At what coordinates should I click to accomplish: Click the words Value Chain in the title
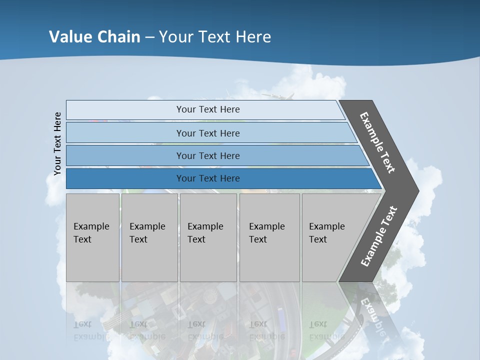click(94, 36)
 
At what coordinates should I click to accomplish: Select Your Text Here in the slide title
click(215, 36)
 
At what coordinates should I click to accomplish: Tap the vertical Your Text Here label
click(57, 143)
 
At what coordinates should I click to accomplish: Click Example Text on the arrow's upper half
click(377, 142)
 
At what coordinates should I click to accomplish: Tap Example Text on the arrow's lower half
click(379, 236)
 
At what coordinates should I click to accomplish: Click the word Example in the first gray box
click(91, 226)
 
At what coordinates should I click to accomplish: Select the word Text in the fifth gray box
click(317, 239)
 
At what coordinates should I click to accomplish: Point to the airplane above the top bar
click(277, 95)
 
